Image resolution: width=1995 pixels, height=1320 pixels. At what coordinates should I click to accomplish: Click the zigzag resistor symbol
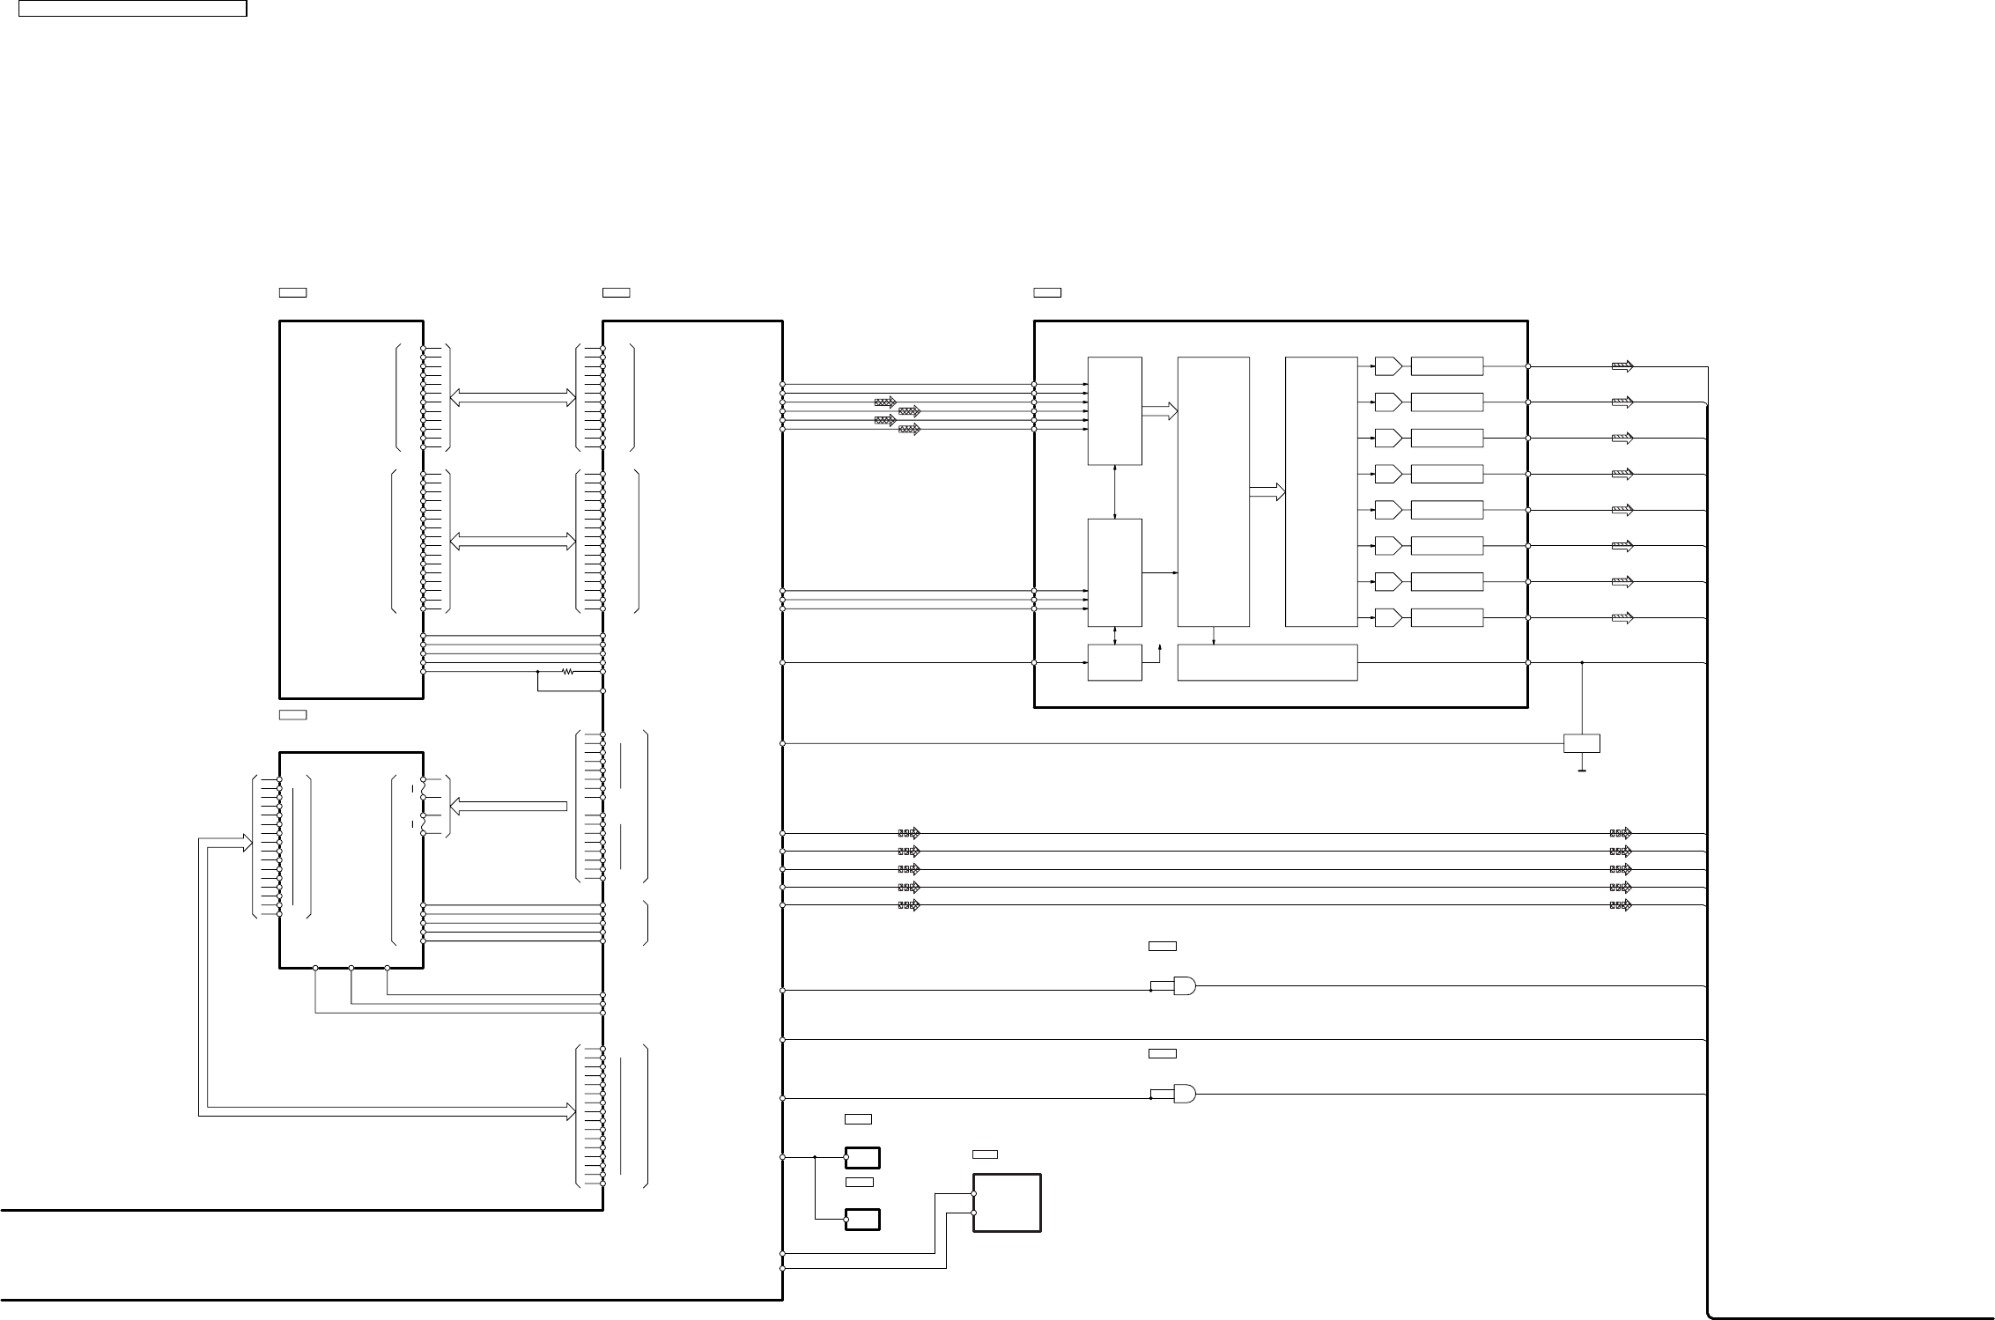pyautogui.click(x=567, y=671)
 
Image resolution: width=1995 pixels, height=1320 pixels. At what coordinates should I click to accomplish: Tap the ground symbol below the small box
pyautogui.click(x=1582, y=771)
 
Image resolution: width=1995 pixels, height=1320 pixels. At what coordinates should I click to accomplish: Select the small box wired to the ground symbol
pyautogui.click(x=1582, y=743)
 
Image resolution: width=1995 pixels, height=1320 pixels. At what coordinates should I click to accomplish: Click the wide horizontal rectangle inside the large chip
pyautogui.click(x=1267, y=662)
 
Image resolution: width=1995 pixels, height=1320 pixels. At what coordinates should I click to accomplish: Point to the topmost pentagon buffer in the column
pyautogui.click(x=1388, y=366)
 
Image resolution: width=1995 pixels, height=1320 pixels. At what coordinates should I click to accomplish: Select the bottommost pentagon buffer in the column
pyautogui.click(x=1388, y=617)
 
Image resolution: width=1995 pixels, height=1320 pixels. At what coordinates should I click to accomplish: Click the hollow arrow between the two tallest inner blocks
pyautogui.click(x=1267, y=493)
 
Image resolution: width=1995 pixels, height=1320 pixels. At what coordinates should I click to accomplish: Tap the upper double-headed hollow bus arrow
pyautogui.click(x=512, y=398)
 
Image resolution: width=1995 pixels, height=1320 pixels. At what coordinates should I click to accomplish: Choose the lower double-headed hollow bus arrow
pyautogui.click(x=512, y=542)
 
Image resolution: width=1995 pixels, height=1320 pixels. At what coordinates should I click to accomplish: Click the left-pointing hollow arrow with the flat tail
pyautogui.click(x=508, y=806)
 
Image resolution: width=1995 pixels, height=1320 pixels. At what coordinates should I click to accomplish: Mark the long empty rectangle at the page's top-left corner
pyautogui.click(x=133, y=9)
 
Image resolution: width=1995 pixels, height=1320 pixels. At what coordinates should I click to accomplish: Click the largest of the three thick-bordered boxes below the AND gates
pyautogui.click(x=1007, y=1202)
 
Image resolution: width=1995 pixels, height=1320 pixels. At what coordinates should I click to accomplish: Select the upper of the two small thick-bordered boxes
pyautogui.click(x=862, y=1157)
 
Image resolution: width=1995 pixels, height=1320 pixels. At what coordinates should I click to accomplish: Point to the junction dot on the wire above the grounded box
pyautogui.click(x=1582, y=662)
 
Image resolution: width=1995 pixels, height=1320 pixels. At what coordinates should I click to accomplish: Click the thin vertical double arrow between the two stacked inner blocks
pyautogui.click(x=1115, y=491)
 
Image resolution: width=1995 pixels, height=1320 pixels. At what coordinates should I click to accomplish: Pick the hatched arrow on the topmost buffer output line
pyautogui.click(x=1622, y=366)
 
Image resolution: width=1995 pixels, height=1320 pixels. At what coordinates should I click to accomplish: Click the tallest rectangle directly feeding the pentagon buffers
pyautogui.click(x=1320, y=491)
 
